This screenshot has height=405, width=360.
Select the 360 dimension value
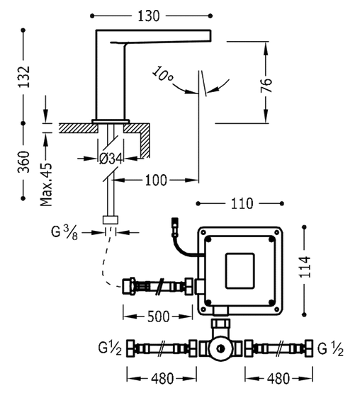click(x=23, y=162)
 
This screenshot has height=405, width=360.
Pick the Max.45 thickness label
click(x=46, y=181)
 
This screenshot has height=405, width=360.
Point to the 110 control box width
click(x=241, y=204)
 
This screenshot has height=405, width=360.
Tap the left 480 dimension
click(x=161, y=379)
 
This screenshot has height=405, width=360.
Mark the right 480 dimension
click(x=278, y=379)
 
